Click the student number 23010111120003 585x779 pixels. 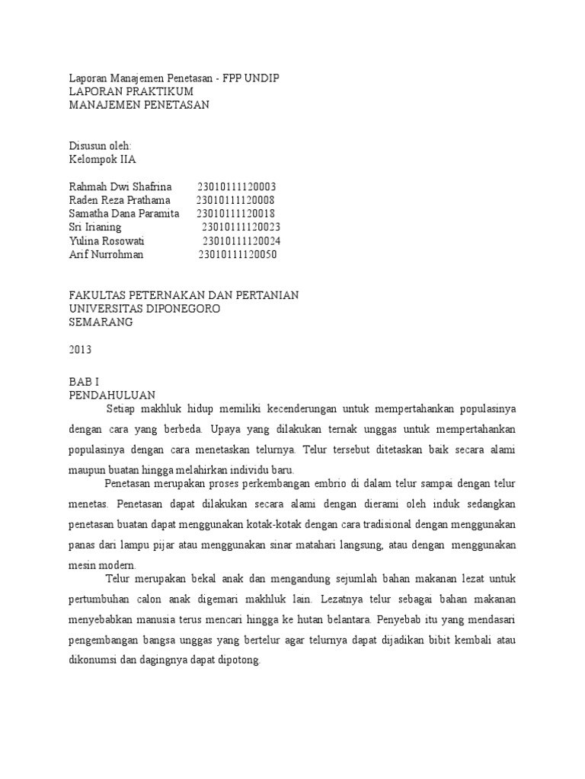tap(237, 186)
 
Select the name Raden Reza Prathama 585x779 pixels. tap(120, 200)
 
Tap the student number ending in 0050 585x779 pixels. tap(238, 255)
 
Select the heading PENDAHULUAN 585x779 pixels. tap(112, 395)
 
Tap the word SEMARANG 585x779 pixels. tap(101, 322)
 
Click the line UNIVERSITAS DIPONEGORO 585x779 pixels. tap(145, 308)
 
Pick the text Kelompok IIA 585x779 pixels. tap(103, 159)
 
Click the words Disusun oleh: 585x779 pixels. tap(100, 145)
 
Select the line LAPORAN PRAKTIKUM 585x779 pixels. tap(131, 91)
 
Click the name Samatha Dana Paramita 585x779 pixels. tap(124, 214)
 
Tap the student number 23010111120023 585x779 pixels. tap(241, 227)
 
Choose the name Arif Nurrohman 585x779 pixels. tap(106, 255)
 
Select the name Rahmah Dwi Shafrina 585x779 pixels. tap(120, 186)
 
